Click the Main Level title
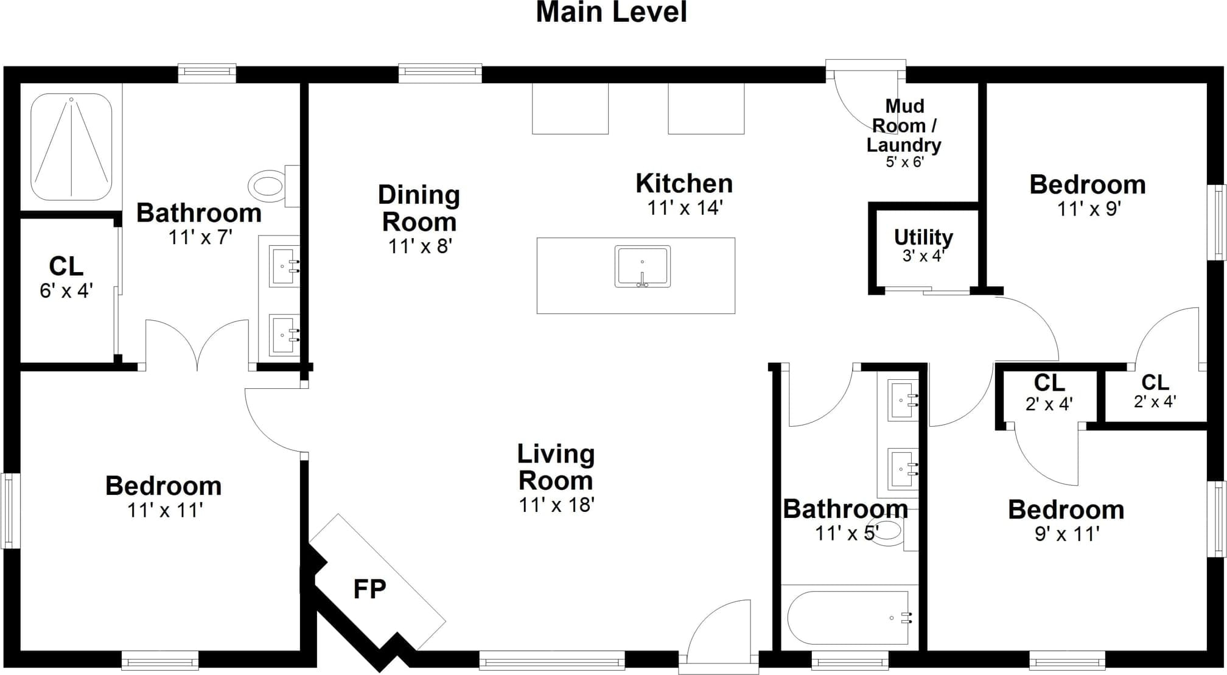point(611,12)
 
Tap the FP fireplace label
point(369,589)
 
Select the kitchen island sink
point(642,267)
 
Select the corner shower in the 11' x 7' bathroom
point(71,147)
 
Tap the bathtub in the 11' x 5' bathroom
point(850,618)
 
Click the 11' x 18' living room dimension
point(556,505)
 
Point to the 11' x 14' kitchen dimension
point(684,208)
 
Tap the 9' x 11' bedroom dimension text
point(1066,534)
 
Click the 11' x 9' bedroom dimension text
point(1088,209)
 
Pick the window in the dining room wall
point(440,73)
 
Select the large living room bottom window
point(552,660)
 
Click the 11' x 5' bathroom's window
point(850,660)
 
